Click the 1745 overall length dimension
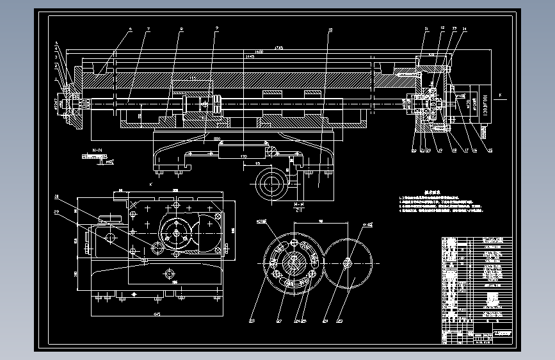pyautogui.click(x=278, y=47)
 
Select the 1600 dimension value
pyautogui.click(x=259, y=52)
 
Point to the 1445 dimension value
pyautogui.click(x=250, y=57)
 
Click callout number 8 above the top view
pyautogui.click(x=182, y=29)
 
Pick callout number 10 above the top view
pyautogui.click(x=330, y=29)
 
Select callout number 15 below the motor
pyautogui.click(x=490, y=151)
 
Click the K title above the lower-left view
pyautogui.click(x=150, y=184)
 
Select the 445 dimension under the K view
pyautogui.click(x=156, y=314)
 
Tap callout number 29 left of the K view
pyautogui.click(x=56, y=211)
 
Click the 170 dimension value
pyautogui.click(x=243, y=156)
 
